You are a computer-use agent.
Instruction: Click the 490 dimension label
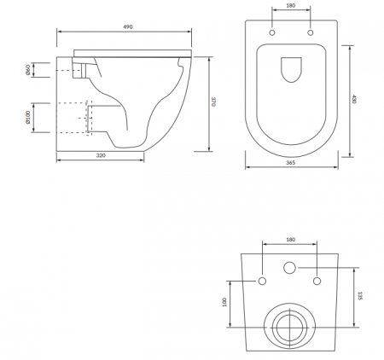pyautogui.click(x=128, y=27)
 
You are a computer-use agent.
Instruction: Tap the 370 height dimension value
pyautogui.click(x=213, y=102)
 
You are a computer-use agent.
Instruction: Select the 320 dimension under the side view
pyautogui.click(x=101, y=155)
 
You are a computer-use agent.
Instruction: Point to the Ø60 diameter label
pyautogui.click(x=28, y=70)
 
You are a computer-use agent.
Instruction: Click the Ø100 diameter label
pyautogui.click(x=28, y=118)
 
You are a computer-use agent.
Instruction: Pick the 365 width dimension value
pyautogui.click(x=290, y=163)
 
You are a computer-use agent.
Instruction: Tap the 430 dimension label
pyautogui.click(x=353, y=99)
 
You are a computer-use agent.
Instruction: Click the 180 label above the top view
pyautogui.click(x=290, y=5)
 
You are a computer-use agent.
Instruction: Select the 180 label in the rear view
pyautogui.click(x=290, y=240)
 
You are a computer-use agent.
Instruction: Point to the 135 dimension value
pyautogui.click(x=360, y=296)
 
